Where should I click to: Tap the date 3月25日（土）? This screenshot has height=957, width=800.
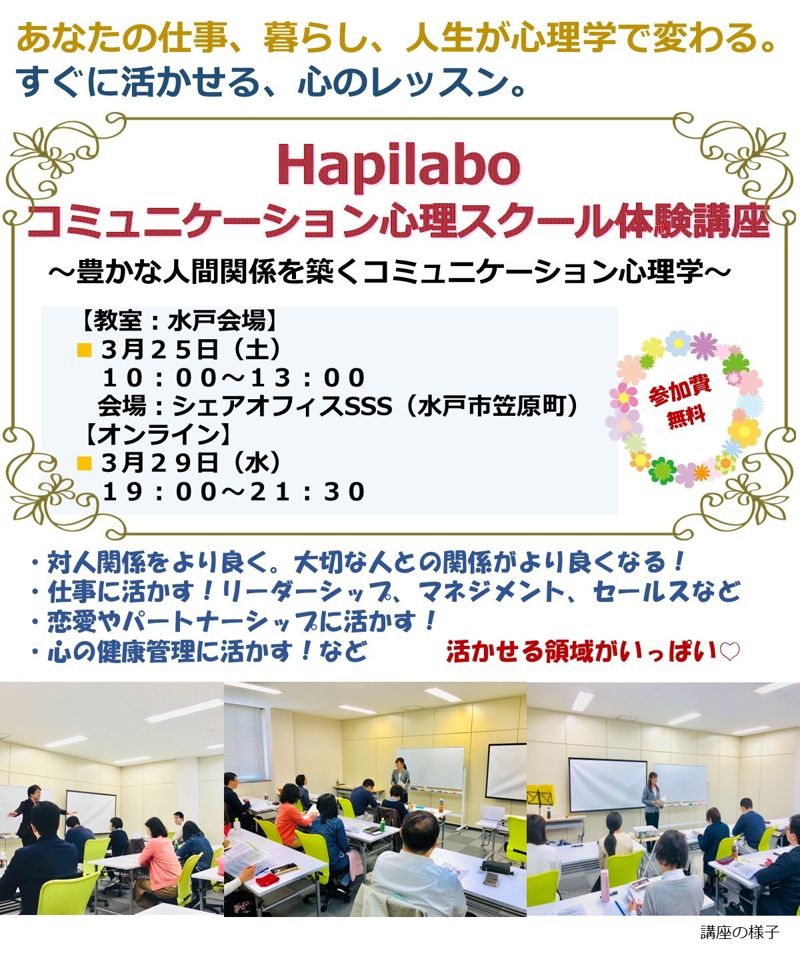click(191, 350)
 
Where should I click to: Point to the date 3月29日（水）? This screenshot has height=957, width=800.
click(191, 463)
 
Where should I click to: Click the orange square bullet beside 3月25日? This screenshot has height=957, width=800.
click(85, 351)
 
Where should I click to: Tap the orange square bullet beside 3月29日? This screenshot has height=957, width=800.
click(85, 464)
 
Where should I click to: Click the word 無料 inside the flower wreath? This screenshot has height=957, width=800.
click(685, 418)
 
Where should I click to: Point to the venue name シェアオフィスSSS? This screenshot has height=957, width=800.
click(283, 406)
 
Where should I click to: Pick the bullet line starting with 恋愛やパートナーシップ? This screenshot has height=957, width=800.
click(232, 622)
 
